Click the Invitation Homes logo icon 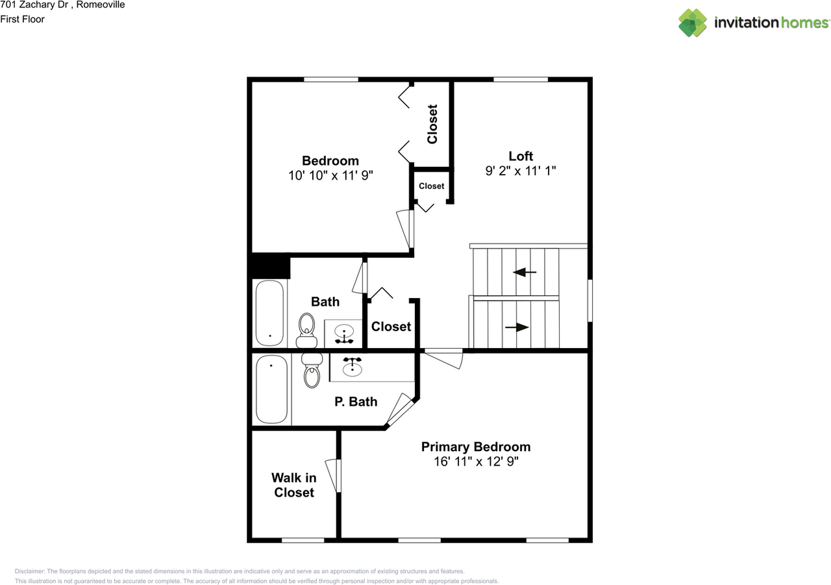tap(693, 23)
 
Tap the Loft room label tap(520, 156)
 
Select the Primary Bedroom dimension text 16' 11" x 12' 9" tap(475, 462)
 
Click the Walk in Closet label tap(293, 485)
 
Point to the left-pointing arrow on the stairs tap(525, 273)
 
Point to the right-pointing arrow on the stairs tap(517, 328)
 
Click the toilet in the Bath tap(306, 329)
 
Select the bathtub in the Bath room tap(269, 313)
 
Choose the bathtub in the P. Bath tap(271, 389)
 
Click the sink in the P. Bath tap(352, 367)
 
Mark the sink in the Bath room tap(343, 334)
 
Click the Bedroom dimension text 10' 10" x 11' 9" tap(330, 175)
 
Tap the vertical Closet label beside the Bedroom tap(432, 124)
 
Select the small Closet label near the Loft tap(431, 186)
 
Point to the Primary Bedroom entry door tap(443, 358)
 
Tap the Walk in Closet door tap(333, 476)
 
